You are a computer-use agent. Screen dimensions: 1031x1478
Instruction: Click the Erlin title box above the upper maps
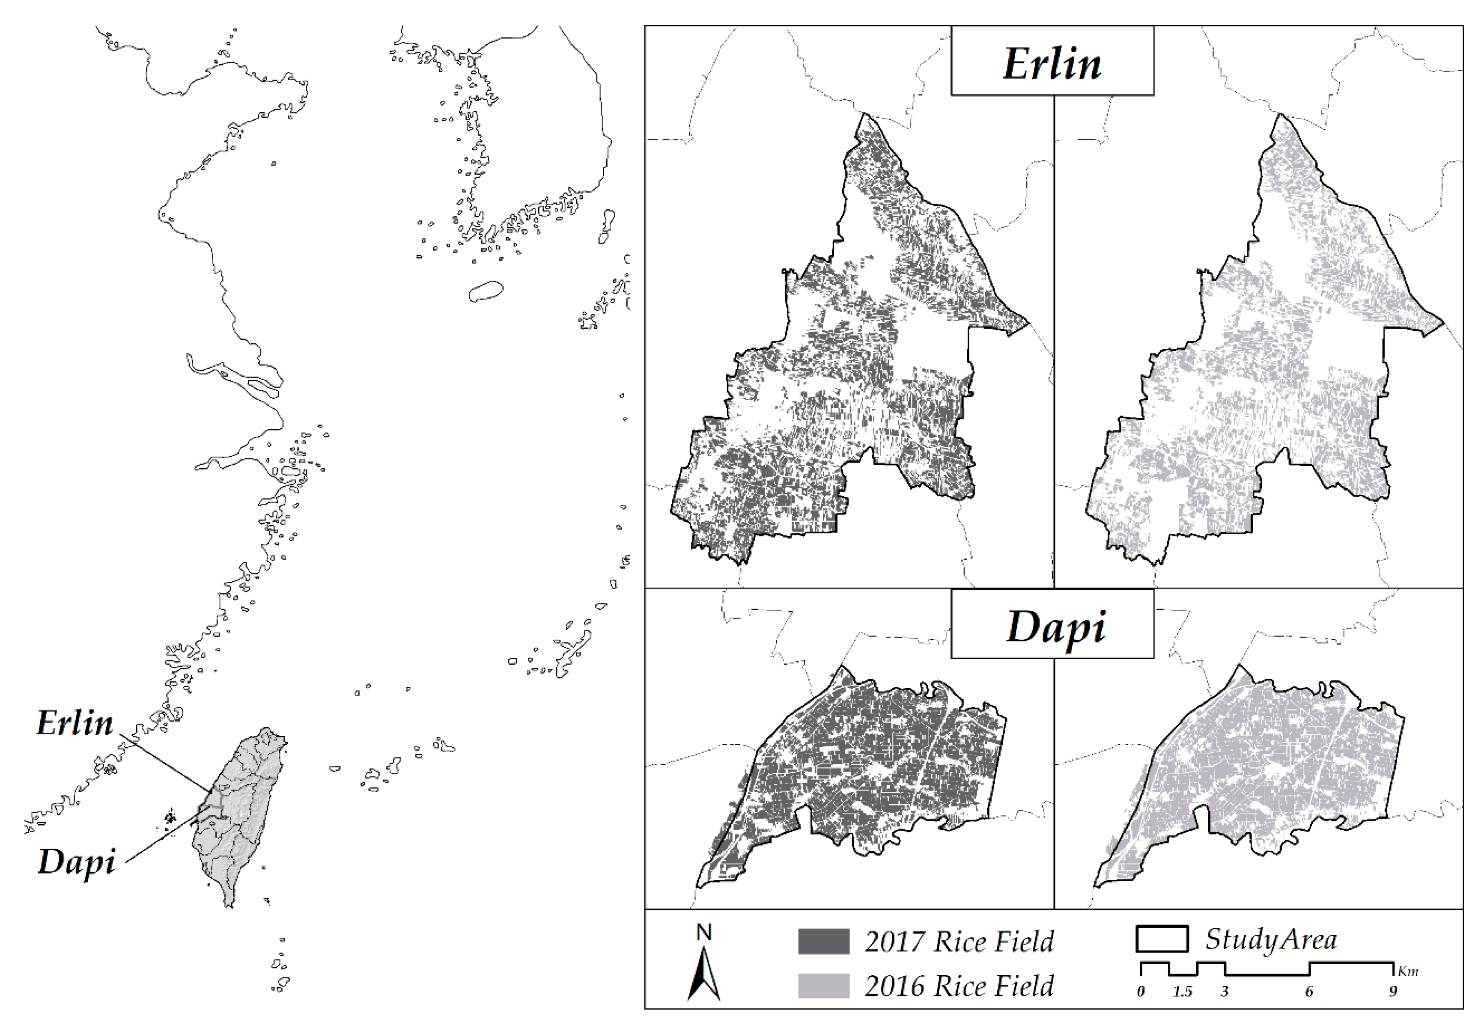pyautogui.click(x=1052, y=62)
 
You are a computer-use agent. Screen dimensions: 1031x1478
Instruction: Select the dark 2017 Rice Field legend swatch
pyautogui.click(x=823, y=941)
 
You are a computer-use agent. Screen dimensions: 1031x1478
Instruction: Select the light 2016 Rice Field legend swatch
pyautogui.click(x=823, y=985)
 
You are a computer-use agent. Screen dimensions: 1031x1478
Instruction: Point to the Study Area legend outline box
pyautogui.click(x=1162, y=938)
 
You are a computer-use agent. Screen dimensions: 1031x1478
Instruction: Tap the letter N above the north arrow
pyautogui.click(x=704, y=933)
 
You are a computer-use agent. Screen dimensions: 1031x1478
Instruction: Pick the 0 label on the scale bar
pyautogui.click(x=1141, y=992)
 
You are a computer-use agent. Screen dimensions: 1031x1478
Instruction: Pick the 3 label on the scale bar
pyautogui.click(x=1225, y=992)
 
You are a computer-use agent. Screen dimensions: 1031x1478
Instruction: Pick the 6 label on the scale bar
pyautogui.click(x=1309, y=992)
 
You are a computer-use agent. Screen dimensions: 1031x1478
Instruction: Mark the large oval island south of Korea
pyautogui.click(x=486, y=291)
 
